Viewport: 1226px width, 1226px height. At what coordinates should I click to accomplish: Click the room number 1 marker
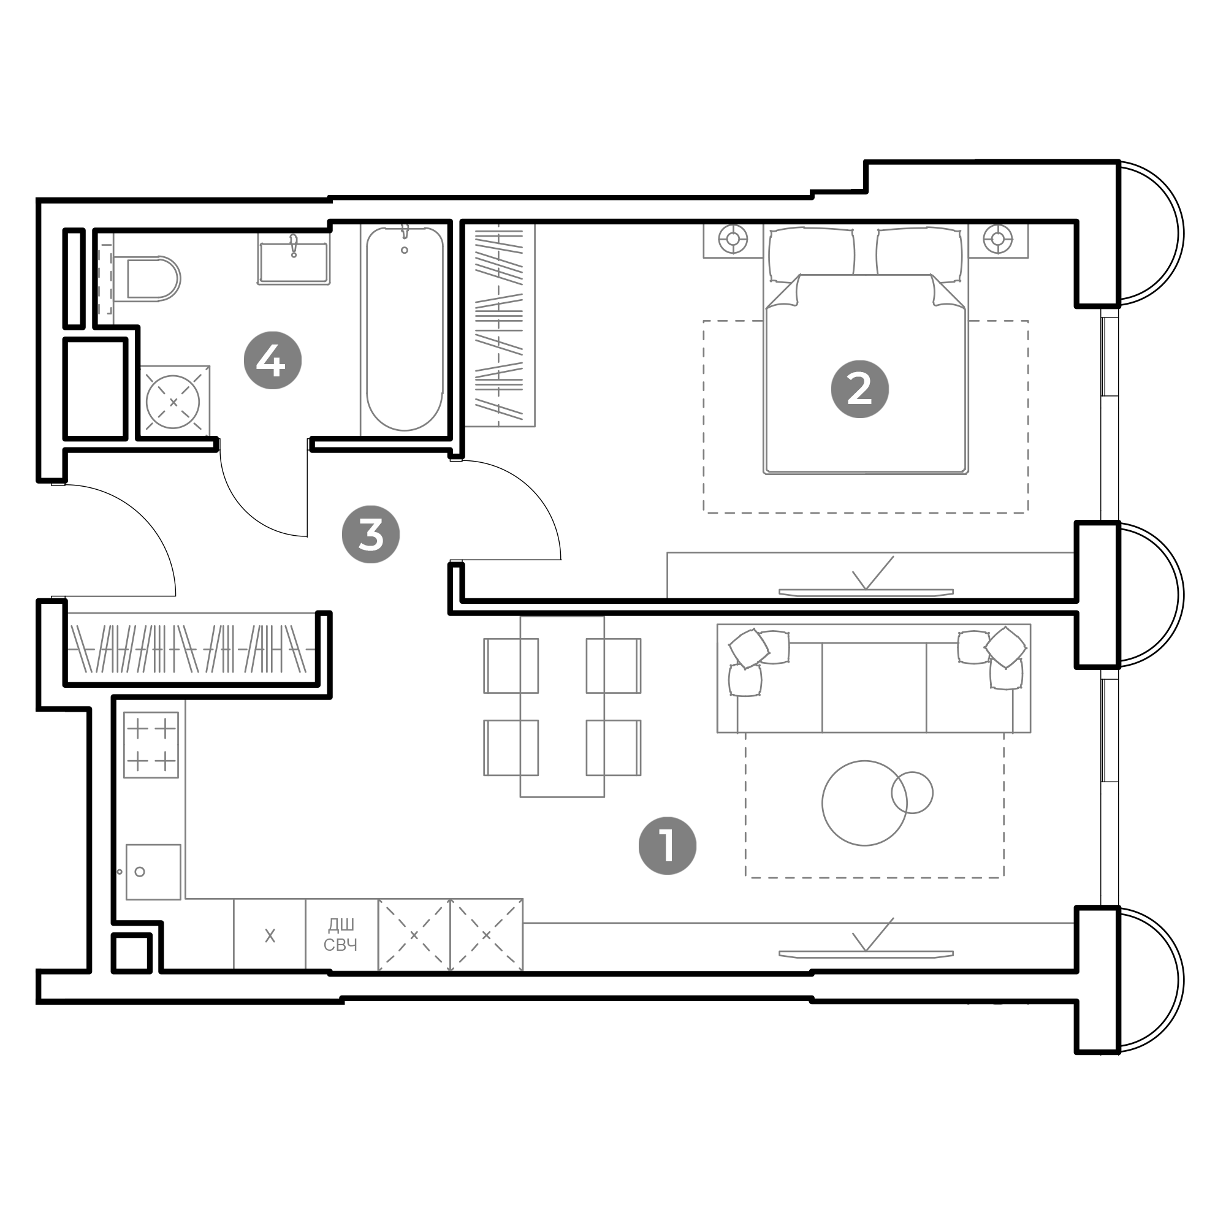(667, 846)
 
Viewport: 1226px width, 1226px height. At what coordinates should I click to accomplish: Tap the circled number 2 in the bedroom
(860, 389)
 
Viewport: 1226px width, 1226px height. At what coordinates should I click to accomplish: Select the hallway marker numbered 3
(371, 535)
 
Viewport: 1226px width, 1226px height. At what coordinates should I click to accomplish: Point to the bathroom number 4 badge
(273, 360)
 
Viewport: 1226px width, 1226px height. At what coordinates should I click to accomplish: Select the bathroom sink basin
(293, 258)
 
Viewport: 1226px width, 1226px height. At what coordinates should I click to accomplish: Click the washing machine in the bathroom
(173, 402)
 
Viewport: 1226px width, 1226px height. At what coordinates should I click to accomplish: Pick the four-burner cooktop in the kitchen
(151, 744)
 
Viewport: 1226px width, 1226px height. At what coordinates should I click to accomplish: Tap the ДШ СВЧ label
(340, 935)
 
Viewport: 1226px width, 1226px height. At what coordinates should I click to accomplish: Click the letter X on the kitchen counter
(270, 936)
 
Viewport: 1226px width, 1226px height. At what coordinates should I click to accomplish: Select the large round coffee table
(864, 803)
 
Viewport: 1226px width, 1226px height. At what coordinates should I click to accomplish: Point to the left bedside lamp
(733, 238)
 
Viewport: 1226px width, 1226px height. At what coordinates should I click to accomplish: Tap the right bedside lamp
(997, 238)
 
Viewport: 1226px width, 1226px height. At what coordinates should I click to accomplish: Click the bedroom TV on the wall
(866, 593)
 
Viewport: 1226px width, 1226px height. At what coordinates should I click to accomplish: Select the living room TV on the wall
(866, 954)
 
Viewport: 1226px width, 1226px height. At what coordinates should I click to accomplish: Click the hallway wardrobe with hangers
(191, 649)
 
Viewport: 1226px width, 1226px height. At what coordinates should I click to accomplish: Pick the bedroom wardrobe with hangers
(500, 325)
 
